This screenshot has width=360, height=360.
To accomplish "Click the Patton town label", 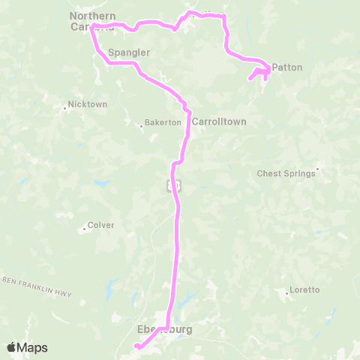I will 287,67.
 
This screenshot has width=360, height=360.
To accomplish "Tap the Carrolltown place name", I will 219,121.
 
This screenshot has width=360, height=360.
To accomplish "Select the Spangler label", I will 129,52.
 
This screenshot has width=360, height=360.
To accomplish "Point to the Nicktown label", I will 88,104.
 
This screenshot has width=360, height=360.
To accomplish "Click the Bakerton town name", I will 163,121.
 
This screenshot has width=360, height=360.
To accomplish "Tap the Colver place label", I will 100,224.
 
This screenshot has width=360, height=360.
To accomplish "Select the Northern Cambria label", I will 92,21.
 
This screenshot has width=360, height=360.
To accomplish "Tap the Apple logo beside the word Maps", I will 12,347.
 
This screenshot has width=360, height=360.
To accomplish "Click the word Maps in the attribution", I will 33,347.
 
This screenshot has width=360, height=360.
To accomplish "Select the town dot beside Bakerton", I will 141,125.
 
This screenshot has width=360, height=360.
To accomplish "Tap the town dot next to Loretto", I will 286,293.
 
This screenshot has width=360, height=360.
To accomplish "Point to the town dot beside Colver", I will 84,228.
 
